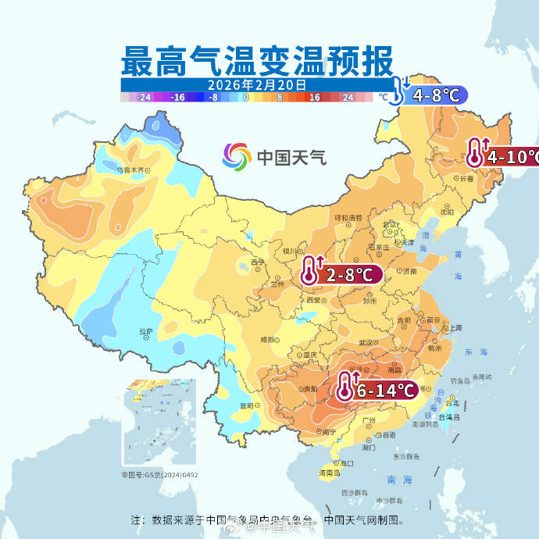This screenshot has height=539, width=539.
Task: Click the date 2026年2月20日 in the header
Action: (257, 84)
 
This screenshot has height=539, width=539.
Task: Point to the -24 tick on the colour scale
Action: (144, 98)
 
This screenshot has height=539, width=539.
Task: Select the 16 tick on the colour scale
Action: (315, 98)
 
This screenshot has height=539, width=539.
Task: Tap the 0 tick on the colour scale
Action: (246, 98)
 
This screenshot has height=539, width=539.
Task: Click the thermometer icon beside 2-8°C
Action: (312, 272)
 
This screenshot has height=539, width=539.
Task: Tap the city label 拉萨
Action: (146, 331)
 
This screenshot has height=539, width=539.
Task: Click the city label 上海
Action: (455, 328)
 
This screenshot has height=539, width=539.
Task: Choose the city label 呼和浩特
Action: (349, 217)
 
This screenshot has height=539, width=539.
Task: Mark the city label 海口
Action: (346, 463)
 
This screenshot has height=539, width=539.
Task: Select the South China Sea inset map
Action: (158, 423)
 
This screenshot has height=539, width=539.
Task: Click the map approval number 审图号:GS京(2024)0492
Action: (159, 474)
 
